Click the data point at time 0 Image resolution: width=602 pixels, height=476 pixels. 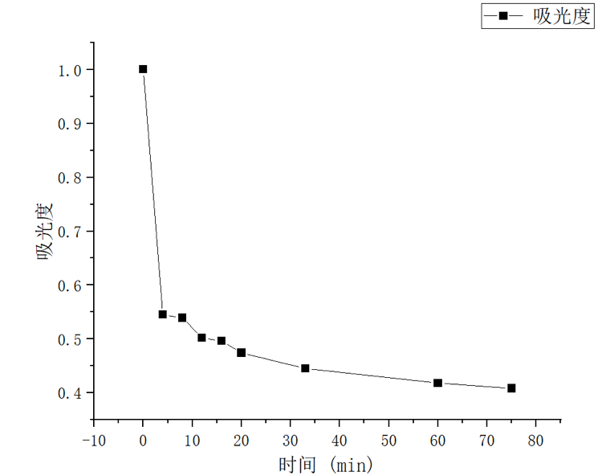pos(143,69)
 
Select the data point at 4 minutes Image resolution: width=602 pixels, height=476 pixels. pos(163,314)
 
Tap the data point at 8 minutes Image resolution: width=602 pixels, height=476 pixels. pos(182,318)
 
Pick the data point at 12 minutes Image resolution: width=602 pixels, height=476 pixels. pos(201,338)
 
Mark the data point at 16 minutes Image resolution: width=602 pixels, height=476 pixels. pos(222,341)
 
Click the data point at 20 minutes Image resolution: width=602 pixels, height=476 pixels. pos(241,353)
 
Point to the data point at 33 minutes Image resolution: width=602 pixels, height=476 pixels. pos(305,368)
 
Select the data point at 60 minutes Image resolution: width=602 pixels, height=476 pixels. pos(437,383)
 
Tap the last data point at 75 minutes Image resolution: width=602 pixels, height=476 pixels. pos(511,388)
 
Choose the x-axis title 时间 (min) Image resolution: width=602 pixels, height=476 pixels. pos(326,464)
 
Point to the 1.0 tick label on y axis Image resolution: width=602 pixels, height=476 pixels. pos(69,70)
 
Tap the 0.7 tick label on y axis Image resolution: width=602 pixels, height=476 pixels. pos(69,232)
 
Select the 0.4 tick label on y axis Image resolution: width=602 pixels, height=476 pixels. pos(69,393)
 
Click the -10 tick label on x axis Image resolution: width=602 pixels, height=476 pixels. pos(93,441)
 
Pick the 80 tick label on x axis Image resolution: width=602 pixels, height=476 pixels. pos(535,441)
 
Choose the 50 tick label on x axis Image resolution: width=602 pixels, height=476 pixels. pos(388,441)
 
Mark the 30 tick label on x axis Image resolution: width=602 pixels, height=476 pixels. pos(290,441)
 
